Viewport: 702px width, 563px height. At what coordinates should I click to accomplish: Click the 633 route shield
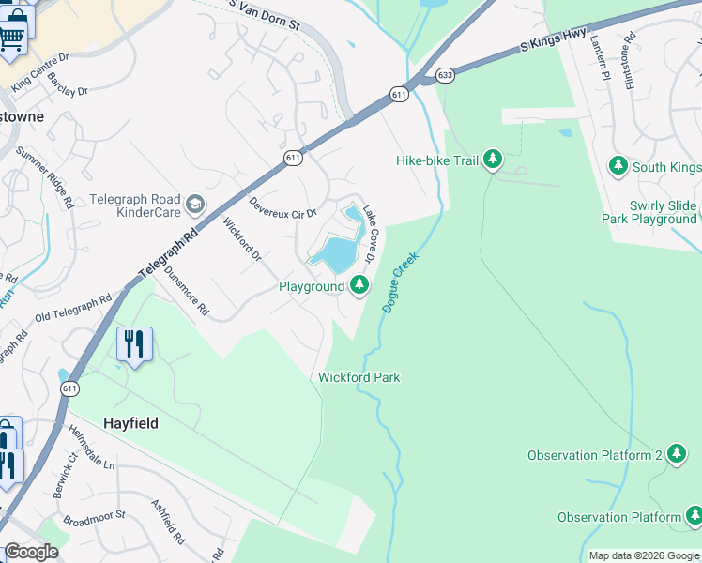(x=445, y=75)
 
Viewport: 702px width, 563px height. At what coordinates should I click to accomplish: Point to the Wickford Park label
(x=359, y=377)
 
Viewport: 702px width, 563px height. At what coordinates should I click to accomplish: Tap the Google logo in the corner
(x=31, y=552)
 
